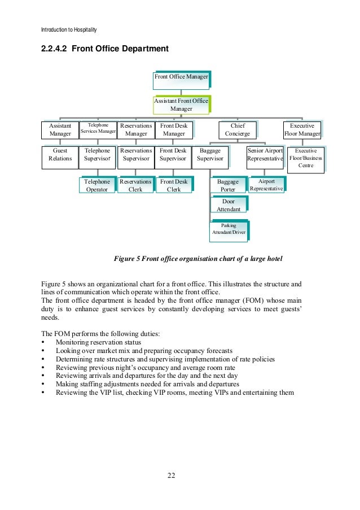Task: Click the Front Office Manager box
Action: coord(182,77)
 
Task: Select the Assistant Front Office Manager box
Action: coord(181,104)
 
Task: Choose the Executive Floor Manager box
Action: coord(301,130)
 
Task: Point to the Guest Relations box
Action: coord(60,155)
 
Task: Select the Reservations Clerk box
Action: coord(135,186)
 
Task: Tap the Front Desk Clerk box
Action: coord(174,186)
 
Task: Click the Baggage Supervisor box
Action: coord(210,155)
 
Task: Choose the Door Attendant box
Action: coord(228,205)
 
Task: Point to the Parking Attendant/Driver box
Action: coord(228,229)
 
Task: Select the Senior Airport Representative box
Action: coord(265,155)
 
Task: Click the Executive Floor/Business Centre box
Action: coord(305,159)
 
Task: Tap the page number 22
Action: coord(171,475)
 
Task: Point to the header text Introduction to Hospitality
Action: coord(69,29)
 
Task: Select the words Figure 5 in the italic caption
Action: coord(127,259)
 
